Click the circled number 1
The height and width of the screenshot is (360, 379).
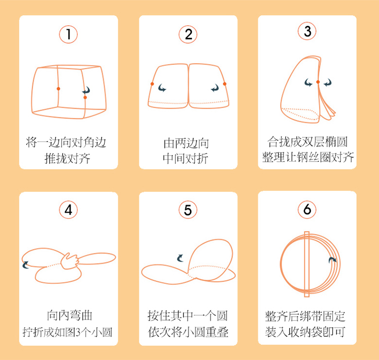coord(68,34)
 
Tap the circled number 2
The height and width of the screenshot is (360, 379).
coord(188,34)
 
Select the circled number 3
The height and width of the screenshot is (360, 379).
coord(307,31)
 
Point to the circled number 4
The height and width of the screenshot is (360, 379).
coord(68,210)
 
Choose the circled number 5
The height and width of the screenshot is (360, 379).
coord(188,210)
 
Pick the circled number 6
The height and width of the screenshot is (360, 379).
coord(307,209)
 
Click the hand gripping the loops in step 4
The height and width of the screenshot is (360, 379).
coord(69,261)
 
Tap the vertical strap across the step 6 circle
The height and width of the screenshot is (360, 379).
coord(307,264)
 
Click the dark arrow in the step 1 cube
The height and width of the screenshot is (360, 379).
coord(86,90)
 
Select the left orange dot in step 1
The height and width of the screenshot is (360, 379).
coord(58,89)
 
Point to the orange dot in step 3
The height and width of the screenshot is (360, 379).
coord(318,82)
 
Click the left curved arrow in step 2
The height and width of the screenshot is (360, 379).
coord(162,88)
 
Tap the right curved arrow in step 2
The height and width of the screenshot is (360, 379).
coord(215,88)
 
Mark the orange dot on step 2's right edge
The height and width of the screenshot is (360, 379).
coord(224,84)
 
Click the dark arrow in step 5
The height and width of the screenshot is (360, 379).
coord(180,258)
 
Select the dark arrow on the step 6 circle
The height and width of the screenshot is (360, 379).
coord(333,260)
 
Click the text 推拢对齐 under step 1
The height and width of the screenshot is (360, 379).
coord(67,159)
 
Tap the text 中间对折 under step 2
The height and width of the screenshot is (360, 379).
coord(185,159)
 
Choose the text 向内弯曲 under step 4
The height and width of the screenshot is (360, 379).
coord(70,316)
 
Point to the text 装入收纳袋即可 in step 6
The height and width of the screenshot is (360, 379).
coord(305,332)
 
